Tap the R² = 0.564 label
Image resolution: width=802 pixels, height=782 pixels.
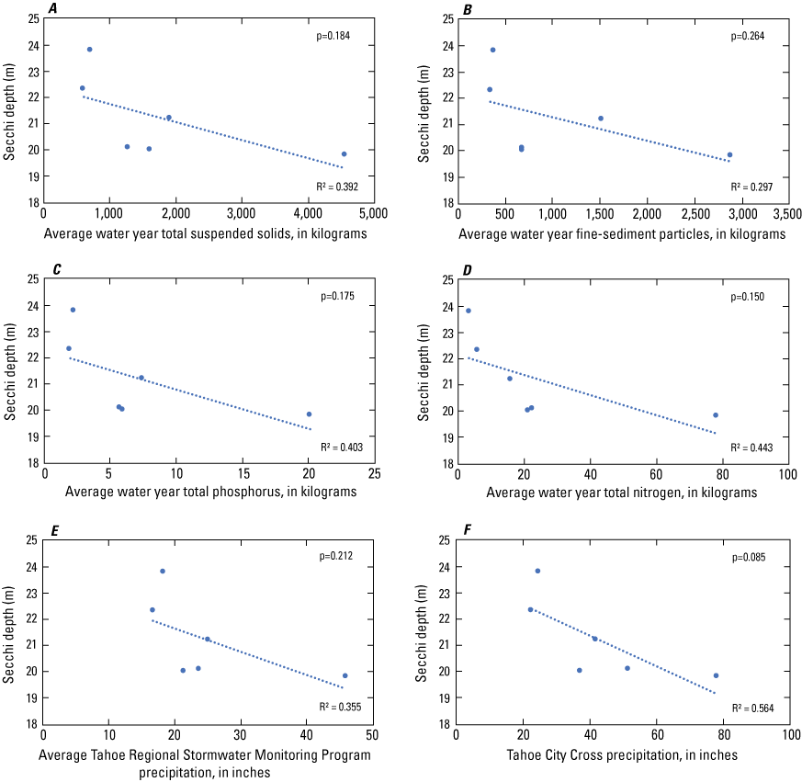tap(751, 708)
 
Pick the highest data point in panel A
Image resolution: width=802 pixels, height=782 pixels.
tap(89, 50)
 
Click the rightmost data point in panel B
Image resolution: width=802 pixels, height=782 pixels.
tap(729, 154)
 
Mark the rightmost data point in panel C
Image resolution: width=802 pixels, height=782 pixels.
tap(309, 414)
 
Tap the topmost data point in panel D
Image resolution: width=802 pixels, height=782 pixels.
tap(469, 311)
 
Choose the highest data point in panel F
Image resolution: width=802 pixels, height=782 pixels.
tap(537, 571)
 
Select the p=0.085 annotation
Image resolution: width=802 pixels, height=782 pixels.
tap(748, 558)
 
